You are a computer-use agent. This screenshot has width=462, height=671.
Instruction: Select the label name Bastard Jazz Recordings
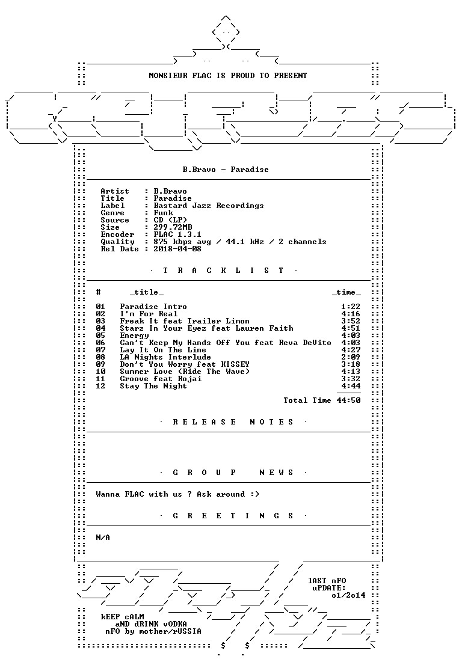[209, 206]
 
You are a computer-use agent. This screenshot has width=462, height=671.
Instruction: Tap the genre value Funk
[163, 213]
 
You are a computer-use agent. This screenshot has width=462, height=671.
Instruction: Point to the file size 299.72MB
[173, 227]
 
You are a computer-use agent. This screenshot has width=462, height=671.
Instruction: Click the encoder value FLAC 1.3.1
[177, 234]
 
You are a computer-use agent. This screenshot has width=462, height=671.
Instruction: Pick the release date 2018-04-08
[177, 249]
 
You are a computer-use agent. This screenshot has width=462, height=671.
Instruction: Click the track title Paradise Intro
[153, 307]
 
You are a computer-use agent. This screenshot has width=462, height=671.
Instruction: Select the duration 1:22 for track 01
[351, 307]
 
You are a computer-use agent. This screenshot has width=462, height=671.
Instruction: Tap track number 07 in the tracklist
[100, 350]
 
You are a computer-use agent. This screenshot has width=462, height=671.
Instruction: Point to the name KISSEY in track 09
[235, 364]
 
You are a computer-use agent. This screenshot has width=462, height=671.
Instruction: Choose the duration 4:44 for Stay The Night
[351, 386]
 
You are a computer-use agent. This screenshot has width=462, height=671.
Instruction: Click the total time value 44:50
[348, 400]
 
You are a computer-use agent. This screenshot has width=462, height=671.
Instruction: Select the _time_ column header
[346, 293]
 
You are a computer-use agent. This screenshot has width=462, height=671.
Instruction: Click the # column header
[99, 292]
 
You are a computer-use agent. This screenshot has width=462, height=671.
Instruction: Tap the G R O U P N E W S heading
[233, 473]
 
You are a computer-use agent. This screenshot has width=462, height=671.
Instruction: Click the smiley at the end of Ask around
[254, 494]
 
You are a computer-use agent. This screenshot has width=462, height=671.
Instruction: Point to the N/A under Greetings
[103, 538]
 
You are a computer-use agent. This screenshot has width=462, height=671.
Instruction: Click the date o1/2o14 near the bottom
[348, 595]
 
